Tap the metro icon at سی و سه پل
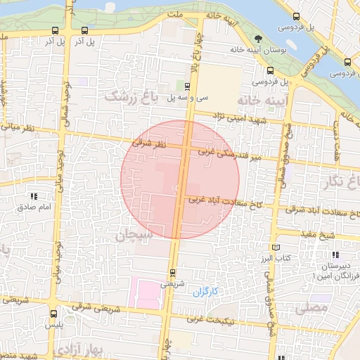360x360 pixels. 186,86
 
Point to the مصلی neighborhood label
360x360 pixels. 312,307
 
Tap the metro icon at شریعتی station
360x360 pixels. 172,272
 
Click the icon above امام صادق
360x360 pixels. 33,197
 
